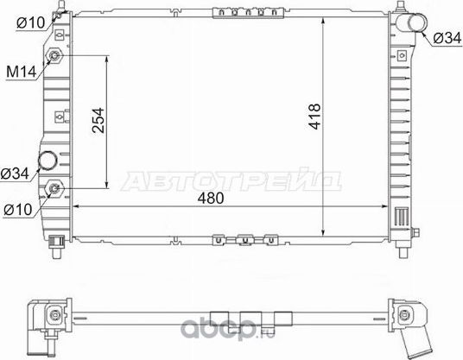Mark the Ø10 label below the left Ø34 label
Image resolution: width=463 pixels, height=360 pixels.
pos(18,208)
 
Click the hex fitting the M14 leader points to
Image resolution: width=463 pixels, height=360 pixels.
pos(56,56)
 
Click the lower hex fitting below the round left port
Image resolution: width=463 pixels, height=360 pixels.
pos(56,187)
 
